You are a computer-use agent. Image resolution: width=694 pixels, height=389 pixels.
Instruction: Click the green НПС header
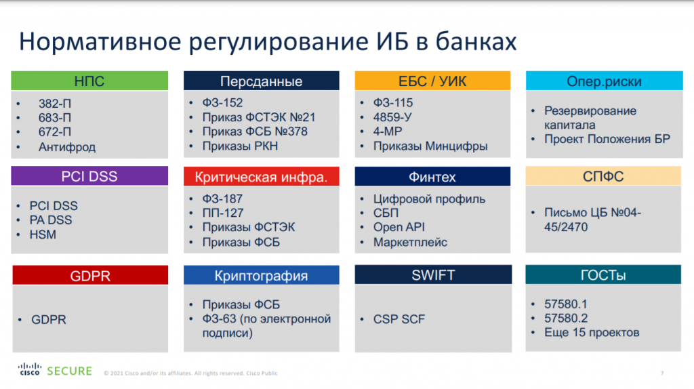(x=89, y=82)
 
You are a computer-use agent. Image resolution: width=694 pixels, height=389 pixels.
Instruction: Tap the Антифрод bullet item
(x=67, y=146)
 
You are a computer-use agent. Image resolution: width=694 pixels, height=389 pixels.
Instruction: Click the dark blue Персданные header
(x=261, y=82)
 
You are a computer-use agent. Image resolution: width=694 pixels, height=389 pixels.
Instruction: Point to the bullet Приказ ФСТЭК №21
(x=259, y=117)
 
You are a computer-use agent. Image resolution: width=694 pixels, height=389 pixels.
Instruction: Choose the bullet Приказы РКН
(x=240, y=146)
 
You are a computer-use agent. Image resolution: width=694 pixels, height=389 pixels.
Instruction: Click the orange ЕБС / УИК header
(x=432, y=82)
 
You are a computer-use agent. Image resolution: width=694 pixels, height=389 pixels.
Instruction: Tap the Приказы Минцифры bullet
(x=430, y=146)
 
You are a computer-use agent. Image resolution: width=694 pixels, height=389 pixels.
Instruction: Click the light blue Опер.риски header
(x=604, y=82)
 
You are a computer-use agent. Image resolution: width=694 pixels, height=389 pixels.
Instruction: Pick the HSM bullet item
(x=43, y=234)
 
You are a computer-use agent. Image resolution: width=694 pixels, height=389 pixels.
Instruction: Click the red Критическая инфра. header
(x=261, y=178)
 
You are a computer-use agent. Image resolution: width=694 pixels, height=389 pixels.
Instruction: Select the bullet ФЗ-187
(x=222, y=199)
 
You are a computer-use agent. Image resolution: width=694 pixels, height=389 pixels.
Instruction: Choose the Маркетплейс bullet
(x=410, y=242)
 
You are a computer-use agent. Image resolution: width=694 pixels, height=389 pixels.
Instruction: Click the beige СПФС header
(x=604, y=178)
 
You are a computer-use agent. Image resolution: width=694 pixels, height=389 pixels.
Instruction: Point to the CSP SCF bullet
(x=399, y=319)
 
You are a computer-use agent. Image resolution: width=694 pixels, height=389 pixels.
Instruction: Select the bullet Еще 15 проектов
(x=592, y=332)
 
